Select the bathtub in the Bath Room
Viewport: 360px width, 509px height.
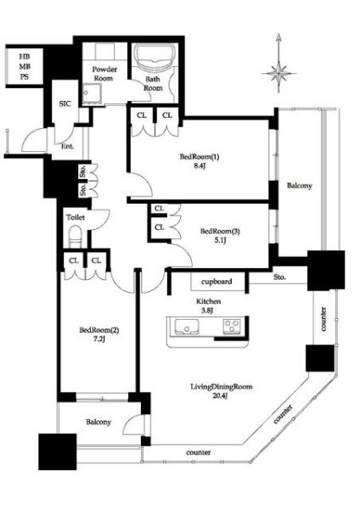(155, 57)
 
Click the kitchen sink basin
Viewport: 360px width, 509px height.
(187, 327)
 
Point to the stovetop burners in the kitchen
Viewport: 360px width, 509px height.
(232, 326)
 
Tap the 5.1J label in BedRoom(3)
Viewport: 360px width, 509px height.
(220, 241)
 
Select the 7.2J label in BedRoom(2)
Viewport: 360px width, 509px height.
(98, 339)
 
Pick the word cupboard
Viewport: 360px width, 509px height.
(217, 282)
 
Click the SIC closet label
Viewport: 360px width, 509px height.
(65, 103)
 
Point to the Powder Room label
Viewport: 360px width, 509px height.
(104, 74)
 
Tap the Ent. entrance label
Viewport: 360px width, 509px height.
(68, 147)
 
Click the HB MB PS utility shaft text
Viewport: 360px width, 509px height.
(25, 66)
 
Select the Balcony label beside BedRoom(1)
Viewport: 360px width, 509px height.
(299, 186)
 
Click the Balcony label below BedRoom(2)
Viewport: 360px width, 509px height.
(98, 422)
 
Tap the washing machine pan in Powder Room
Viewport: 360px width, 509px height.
(92, 94)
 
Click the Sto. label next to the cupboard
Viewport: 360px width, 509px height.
(279, 277)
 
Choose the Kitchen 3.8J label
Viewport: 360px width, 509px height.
(208, 305)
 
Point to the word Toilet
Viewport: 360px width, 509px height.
(76, 217)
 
